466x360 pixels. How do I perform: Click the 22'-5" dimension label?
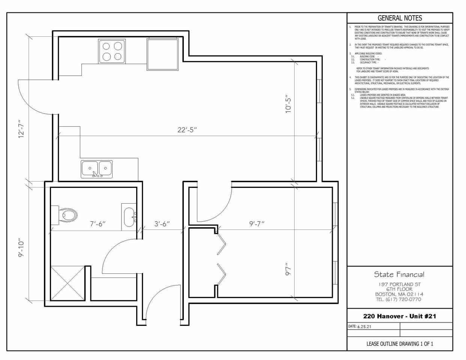(x=187, y=130)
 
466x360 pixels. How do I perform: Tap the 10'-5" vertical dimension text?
(x=288, y=104)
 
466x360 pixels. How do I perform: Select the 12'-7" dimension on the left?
(x=21, y=129)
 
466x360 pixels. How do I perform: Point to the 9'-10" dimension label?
(x=21, y=247)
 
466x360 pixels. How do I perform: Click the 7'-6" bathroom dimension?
(x=98, y=224)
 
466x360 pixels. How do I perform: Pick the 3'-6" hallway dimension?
(x=162, y=224)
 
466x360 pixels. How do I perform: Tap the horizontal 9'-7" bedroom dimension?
(x=257, y=224)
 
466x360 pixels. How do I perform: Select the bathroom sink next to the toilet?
(x=129, y=217)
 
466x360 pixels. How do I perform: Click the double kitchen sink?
(x=97, y=169)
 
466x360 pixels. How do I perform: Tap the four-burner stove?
(x=112, y=51)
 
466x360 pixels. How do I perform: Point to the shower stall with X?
(x=68, y=283)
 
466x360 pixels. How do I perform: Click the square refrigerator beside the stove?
(x=162, y=54)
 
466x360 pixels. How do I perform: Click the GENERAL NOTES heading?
(x=400, y=18)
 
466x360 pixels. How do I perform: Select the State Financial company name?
(x=399, y=274)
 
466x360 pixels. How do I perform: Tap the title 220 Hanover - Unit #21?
(x=400, y=316)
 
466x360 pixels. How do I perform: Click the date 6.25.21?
(x=364, y=327)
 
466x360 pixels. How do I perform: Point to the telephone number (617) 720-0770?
(x=399, y=299)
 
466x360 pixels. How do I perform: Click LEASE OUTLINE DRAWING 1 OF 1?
(x=400, y=344)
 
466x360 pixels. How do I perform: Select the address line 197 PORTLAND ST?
(x=399, y=284)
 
